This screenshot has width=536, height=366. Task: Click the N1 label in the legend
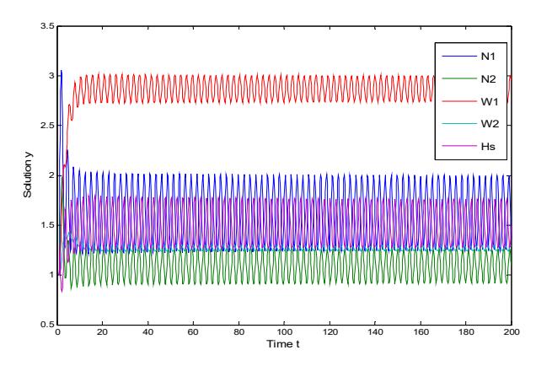tap(488, 57)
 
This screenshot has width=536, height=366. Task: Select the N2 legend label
tap(488, 79)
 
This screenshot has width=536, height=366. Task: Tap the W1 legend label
tap(490, 101)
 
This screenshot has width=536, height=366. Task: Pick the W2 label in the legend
tap(490, 124)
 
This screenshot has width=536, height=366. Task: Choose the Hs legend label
tap(488, 147)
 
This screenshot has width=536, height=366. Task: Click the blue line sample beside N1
tap(459, 57)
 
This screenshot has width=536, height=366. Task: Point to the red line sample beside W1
tap(459, 101)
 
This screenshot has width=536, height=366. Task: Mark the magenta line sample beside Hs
tap(459, 146)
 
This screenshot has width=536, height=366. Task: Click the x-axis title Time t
tap(283, 344)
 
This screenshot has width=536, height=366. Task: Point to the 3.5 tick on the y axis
tap(47, 26)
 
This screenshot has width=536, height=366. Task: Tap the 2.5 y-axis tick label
tap(47, 126)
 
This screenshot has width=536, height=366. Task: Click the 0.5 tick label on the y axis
tap(47, 325)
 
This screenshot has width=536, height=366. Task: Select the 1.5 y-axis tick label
tap(47, 225)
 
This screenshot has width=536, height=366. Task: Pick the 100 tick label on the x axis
tap(284, 331)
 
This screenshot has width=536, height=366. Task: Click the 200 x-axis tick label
tap(512, 331)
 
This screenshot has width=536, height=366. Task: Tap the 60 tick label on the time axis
tap(193, 331)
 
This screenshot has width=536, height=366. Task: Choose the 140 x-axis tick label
tap(375, 331)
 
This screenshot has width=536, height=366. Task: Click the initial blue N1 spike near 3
tap(62, 71)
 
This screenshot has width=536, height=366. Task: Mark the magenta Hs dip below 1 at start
tap(62, 291)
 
